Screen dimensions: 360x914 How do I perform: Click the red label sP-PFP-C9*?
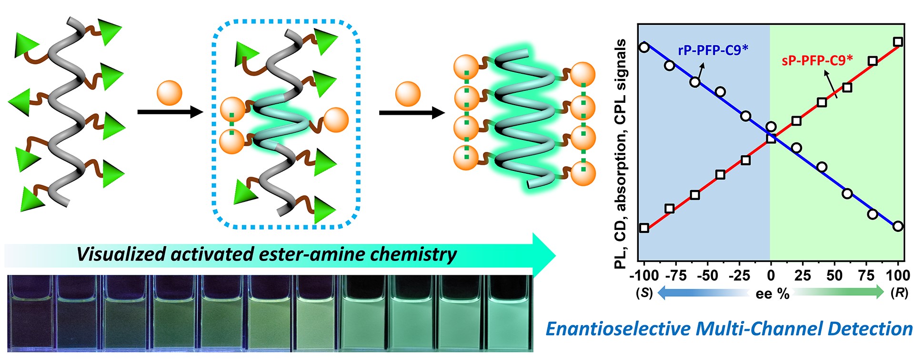[817, 60]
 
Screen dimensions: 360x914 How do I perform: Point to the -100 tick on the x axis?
[644, 275]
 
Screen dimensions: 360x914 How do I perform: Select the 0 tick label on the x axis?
[771, 275]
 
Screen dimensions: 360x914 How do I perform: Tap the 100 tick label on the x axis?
[898, 275]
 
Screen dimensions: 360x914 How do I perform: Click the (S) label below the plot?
[644, 293]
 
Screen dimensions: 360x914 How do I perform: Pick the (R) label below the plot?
[899, 293]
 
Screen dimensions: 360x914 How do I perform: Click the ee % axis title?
[772, 294]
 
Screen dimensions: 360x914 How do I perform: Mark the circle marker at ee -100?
[644, 47]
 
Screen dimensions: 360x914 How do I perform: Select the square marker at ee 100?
[898, 42]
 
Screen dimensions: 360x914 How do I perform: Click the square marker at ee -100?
[644, 228]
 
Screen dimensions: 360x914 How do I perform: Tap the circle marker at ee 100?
[898, 226]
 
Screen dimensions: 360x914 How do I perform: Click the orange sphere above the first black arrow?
[170, 93]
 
